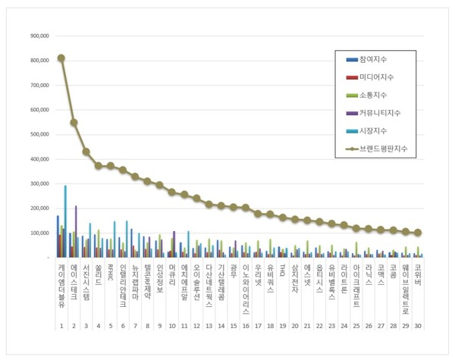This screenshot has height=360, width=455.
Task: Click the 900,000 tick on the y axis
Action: coord(39,36)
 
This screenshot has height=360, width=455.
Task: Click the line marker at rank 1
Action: coord(61,58)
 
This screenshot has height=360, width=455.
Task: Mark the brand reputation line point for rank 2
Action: coord(74,122)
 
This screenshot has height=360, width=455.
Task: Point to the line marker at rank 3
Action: coord(86,152)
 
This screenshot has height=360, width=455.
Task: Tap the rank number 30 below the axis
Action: coord(417,325)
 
